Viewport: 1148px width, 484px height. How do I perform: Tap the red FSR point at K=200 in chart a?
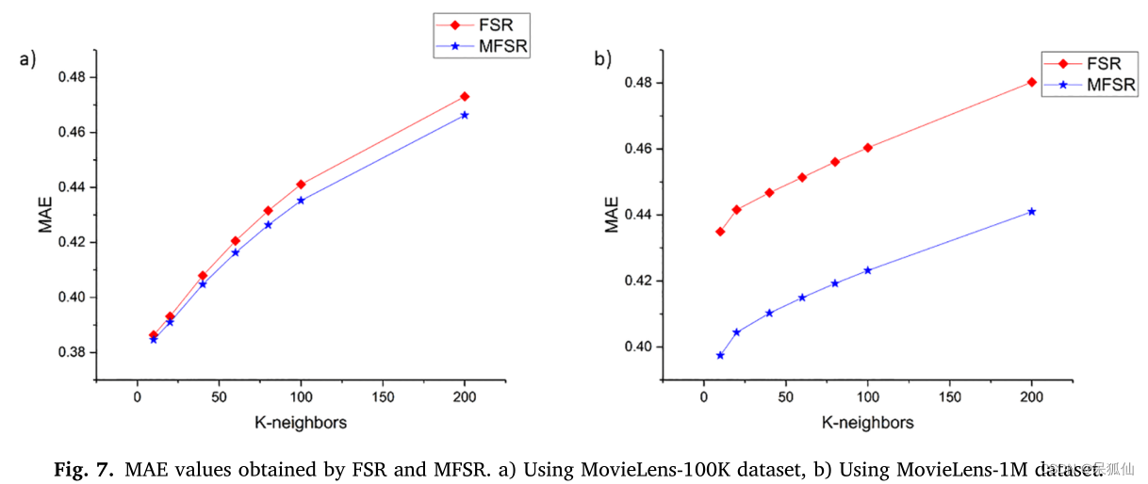click(465, 96)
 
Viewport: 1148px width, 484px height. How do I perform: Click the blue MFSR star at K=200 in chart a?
click(465, 115)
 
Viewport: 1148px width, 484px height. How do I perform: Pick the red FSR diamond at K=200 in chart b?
click(1032, 82)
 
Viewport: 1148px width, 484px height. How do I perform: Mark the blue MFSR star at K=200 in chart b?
click(1032, 211)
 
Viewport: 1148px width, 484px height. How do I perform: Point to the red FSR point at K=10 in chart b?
click(720, 231)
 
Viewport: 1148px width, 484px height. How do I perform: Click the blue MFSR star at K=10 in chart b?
click(720, 355)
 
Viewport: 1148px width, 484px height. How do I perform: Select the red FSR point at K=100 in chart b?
click(868, 147)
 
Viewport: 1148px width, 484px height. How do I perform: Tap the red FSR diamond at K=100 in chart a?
click(301, 184)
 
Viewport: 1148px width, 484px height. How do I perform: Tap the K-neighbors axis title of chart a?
click(301, 423)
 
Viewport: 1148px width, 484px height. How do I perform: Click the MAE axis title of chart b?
click(612, 214)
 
